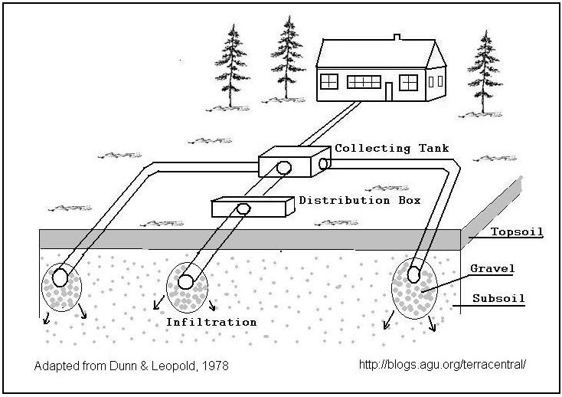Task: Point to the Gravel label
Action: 492,269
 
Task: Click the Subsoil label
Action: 498,298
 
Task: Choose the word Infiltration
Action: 211,323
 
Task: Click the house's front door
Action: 389,90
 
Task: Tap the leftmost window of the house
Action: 329,80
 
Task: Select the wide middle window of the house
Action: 364,81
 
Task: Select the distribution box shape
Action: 253,205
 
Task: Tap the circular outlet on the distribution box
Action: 243,208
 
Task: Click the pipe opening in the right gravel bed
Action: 414,274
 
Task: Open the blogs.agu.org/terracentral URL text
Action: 442,365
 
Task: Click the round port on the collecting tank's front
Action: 283,167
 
